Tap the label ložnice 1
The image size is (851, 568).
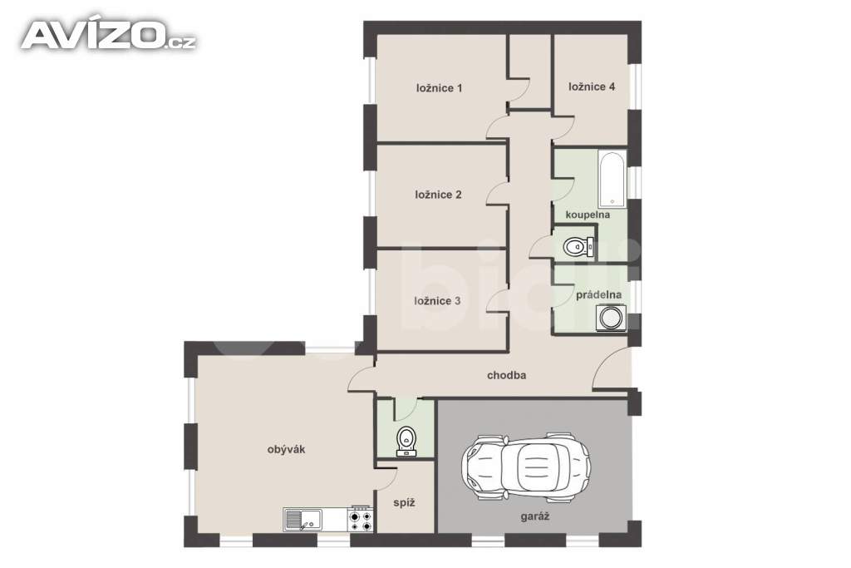[x=439, y=87]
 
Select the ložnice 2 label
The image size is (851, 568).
[x=438, y=195]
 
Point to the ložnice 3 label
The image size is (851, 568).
[x=437, y=301]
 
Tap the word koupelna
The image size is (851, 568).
[x=588, y=215]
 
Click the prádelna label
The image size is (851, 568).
[x=599, y=294]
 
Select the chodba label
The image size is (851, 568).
[x=506, y=375]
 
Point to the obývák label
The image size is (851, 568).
[x=287, y=449]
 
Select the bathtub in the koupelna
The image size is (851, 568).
[x=612, y=180]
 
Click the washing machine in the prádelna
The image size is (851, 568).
[x=611, y=319]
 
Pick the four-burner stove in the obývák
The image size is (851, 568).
[x=361, y=521]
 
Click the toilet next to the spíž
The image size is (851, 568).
[x=406, y=440]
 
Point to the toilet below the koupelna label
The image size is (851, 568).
[x=576, y=246]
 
